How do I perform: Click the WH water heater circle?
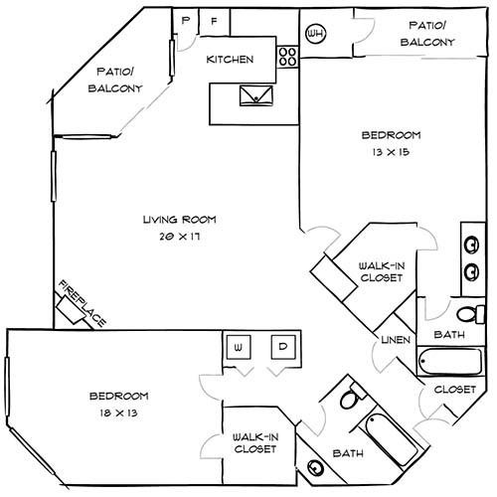click(317, 34)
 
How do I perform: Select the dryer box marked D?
click(283, 347)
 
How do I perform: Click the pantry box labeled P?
click(185, 21)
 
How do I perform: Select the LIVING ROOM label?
click(179, 220)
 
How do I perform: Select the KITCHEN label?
click(230, 60)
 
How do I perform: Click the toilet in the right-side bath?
click(478, 315)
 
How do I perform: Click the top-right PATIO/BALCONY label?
click(427, 33)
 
